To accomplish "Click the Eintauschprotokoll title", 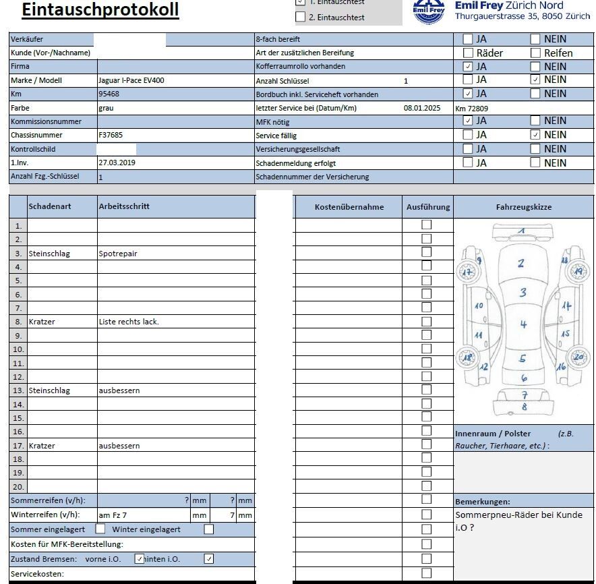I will pyautogui.click(x=100, y=9).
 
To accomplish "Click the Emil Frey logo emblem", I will pyautogui.click(x=429, y=11).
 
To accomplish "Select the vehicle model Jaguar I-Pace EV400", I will pyautogui.click(x=131, y=80).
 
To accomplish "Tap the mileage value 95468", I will pyautogui.click(x=109, y=94).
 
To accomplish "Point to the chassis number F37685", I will pyautogui.click(x=111, y=136).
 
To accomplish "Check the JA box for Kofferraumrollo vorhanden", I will pyautogui.click(x=468, y=67).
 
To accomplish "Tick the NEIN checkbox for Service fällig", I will pyautogui.click(x=535, y=135).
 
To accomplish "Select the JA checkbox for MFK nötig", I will pyautogui.click(x=468, y=121).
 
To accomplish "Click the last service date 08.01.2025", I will pyautogui.click(x=422, y=108).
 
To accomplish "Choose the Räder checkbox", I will pyautogui.click(x=468, y=53).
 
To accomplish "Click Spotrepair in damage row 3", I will pyautogui.click(x=118, y=254).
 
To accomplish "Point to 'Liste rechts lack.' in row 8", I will pyautogui.click(x=129, y=322).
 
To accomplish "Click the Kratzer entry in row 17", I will pyautogui.click(x=42, y=446).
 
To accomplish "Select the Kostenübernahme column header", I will pyautogui.click(x=349, y=207).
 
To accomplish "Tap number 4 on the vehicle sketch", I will pyautogui.click(x=523, y=324).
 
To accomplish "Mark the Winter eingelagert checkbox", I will pyautogui.click(x=209, y=529).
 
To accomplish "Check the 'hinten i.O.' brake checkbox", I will pyautogui.click(x=209, y=558).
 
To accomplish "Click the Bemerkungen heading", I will pyautogui.click(x=483, y=502).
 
